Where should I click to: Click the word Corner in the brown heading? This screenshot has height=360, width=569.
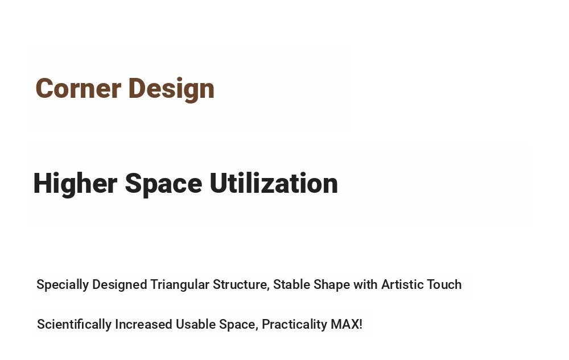[x=79, y=88]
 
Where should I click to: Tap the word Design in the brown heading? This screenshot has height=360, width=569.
[x=172, y=89]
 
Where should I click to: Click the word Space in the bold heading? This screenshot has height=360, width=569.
[x=164, y=184]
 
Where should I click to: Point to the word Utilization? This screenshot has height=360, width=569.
[x=274, y=183]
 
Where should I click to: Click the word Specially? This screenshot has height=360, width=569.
[x=63, y=285]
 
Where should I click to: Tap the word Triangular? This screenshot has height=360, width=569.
[x=180, y=285]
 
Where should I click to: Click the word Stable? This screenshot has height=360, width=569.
[x=291, y=284]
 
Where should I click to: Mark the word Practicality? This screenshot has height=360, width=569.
[x=295, y=325]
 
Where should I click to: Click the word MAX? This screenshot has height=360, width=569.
[x=347, y=324]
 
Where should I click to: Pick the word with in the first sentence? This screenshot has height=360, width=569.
[x=366, y=284]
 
